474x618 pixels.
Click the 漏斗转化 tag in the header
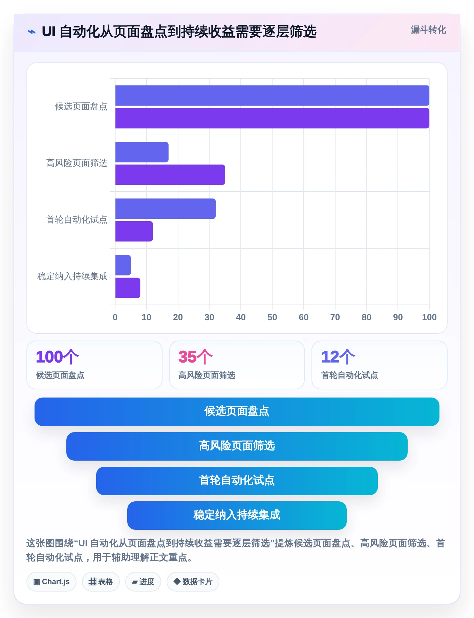pyautogui.click(x=428, y=30)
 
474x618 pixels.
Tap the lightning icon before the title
pyautogui.click(x=32, y=32)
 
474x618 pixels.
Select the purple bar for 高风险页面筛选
pyautogui.click(x=170, y=175)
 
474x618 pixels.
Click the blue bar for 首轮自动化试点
pyautogui.click(x=165, y=209)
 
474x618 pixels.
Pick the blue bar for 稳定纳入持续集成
pyautogui.click(x=123, y=265)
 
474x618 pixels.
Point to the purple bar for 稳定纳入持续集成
pyautogui.click(x=128, y=288)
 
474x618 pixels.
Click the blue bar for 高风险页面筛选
pyautogui.click(x=142, y=152)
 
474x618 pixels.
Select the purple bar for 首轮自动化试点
pyautogui.click(x=134, y=231)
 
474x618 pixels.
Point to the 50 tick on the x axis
pyautogui.click(x=272, y=317)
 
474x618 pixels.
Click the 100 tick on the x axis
pyautogui.click(x=429, y=317)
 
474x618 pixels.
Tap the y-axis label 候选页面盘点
pyautogui.click(x=81, y=107)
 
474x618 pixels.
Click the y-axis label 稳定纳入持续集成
pyautogui.click(x=72, y=276)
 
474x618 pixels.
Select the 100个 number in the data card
pyautogui.click(x=57, y=357)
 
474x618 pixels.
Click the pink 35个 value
pyautogui.click(x=195, y=357)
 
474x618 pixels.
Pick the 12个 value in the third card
pyautogui.click(x=338, y=357)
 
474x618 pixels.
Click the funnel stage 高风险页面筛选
pyautogui.click(x=237, y=446)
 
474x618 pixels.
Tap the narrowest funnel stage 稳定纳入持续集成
pyautogui.click(x=237, y=516)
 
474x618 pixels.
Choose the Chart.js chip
pyautogui.click(x=51, y=582)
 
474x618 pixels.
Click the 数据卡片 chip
pyautogui.click(x=193, y=582)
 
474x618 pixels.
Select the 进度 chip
pyautogui.click(x=143, y=582)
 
